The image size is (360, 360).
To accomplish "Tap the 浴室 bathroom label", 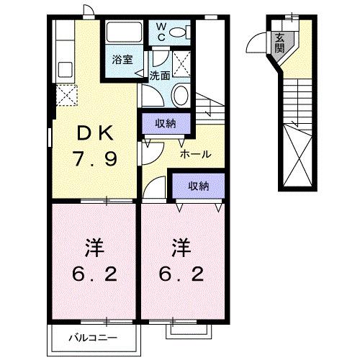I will click(x=121, y=60).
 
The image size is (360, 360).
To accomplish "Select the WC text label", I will click(x=161, y=32).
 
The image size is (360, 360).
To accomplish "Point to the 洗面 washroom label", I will click(x=160, y=75).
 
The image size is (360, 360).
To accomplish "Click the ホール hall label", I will click(x=196, y=154).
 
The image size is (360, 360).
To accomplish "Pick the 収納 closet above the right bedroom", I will click(x=198, y=186).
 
